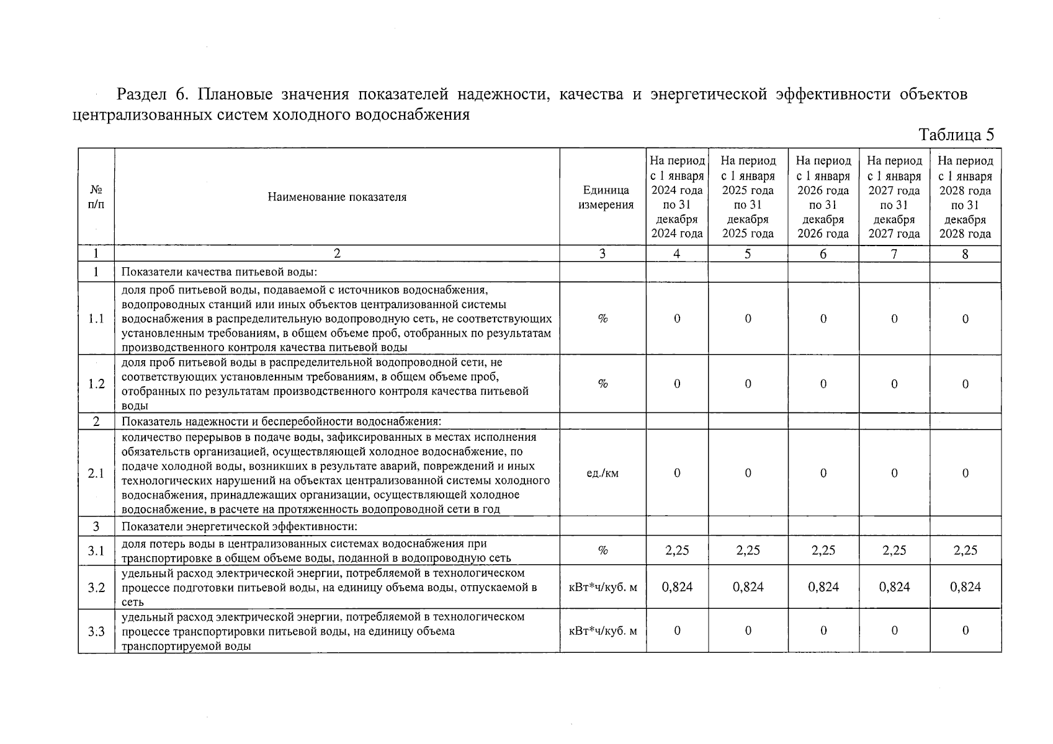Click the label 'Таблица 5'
[956, 135]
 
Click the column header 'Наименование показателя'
[337, 197]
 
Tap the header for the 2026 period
[823, 197]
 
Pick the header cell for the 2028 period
[965, 197]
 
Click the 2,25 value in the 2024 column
[677, 551]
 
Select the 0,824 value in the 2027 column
[894, 587]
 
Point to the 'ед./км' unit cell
[603, 474]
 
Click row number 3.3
[96, 631]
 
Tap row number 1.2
[96, 384]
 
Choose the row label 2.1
[96, 474]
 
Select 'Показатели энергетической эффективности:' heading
[240, 527]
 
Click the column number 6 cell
[823, 254]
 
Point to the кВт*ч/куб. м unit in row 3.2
[603, 587]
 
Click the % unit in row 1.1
[603, 319]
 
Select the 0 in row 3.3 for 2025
[748, 631]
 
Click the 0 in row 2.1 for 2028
[965, 474]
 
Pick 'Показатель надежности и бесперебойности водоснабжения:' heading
[281, 422]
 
